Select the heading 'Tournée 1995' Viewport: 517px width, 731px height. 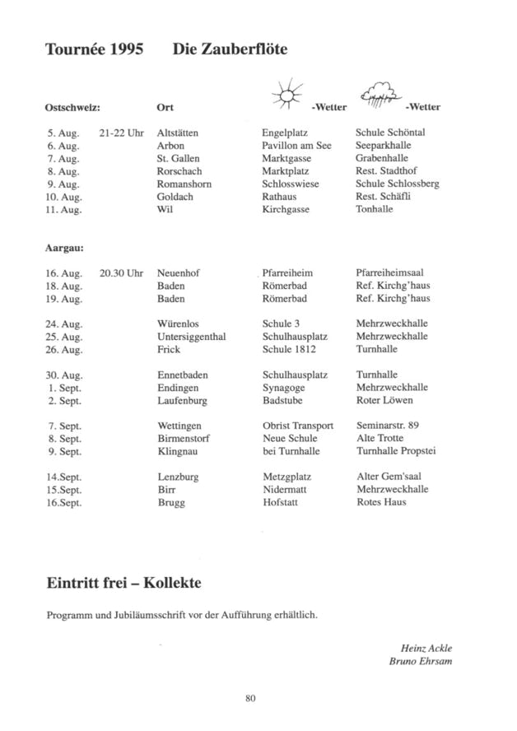95,50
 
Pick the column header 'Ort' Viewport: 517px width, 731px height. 165,107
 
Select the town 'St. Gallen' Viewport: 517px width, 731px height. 178,158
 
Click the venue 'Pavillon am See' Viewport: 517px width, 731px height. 296,146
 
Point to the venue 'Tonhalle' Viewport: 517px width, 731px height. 375,209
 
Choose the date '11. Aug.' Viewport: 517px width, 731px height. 65,209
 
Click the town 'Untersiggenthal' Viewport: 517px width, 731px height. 191,337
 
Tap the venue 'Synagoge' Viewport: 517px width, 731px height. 284,387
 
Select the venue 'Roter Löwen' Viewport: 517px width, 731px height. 384,400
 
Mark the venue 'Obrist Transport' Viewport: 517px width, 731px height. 297,426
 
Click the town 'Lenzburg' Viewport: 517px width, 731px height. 178,477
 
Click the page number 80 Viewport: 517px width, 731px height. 251,699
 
